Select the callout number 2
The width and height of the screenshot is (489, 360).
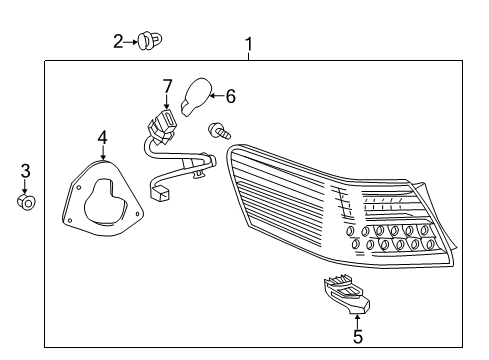click(118, 42)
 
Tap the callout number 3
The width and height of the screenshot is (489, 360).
click(25, 171)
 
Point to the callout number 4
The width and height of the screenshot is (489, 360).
click(103, 137)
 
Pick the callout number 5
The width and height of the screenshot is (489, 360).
click(358, 336)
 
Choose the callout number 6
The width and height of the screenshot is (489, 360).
click(230, 96)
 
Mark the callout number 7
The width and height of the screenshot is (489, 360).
click(167, 86)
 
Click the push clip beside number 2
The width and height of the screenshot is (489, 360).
click(150, 41)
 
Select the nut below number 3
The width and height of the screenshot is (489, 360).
click(26, 202)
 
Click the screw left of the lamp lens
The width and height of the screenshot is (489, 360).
click(219, 131)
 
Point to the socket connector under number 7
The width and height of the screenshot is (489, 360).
click(162, 127)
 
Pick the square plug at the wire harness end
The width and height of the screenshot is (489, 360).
click(160, 193)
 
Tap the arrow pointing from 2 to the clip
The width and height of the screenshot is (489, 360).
click(130, 42)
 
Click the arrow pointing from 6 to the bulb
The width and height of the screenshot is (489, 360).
click(217, 96)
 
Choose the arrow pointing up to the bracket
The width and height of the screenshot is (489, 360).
click(357, 321)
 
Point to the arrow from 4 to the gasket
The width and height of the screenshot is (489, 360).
click(103, 153)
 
